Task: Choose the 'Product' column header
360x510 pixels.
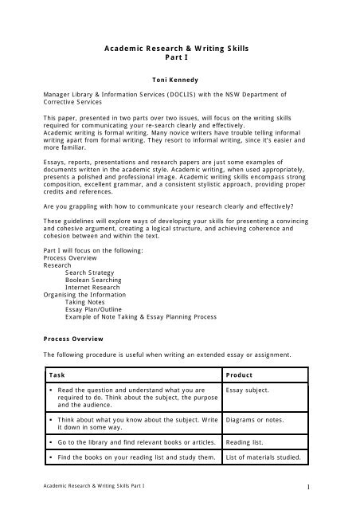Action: coord(241,374)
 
